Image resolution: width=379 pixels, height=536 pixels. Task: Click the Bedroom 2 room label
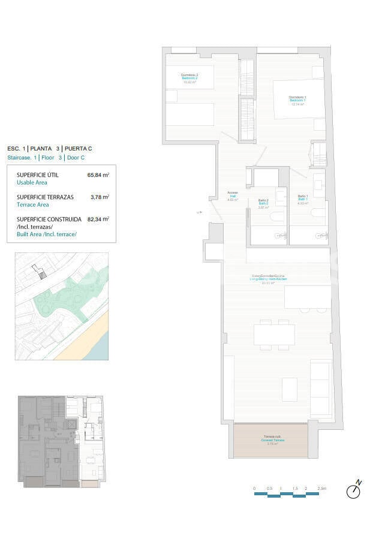tap(189, 77)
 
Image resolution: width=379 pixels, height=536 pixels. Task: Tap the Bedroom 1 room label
tap(297, 100)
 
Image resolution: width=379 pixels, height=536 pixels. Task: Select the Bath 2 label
tap(263, 203)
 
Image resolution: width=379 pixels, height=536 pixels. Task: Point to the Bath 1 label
tap(303, 200)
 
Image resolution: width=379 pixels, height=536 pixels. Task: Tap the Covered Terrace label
tap(272, 440)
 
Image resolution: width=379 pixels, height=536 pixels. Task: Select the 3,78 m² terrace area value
tap(99, 197)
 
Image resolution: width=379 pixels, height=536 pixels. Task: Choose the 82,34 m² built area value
tap(98, 219)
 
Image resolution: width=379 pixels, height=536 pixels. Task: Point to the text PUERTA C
tap(79, 148)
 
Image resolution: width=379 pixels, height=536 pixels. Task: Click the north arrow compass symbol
tap(354, 490)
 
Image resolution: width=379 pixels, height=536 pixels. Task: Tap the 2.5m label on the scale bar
tap(322, 489)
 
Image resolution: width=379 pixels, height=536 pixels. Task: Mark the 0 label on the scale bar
tap(254, 489)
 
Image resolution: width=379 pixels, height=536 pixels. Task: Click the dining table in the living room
tap(274, 334)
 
